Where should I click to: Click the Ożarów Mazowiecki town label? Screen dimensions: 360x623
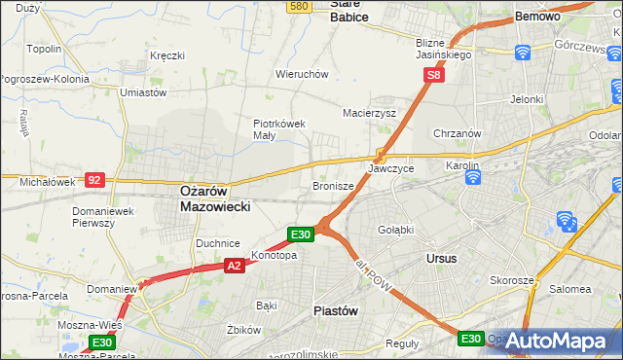click(x=215, y=198)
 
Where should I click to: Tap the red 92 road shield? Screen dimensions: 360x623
click(x=94, y=180)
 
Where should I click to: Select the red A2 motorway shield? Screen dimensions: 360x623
click(x=234, y=265)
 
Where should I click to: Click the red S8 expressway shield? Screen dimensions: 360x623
click(x=435, y=74)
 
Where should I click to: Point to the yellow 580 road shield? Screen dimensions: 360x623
click(x=299, y=6)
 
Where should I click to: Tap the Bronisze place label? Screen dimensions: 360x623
click(x=332, y=185)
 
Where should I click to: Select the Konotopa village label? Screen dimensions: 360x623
click(x=274, y=256)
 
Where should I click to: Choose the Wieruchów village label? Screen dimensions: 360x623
click(x=302, y=74)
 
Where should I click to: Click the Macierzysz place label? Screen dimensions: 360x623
click(x=369, y=113)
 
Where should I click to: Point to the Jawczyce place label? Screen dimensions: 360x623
click(x=390, y=168)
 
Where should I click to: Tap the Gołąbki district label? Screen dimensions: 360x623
click(x=396, y=229)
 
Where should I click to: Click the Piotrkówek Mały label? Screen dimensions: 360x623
click(x=279, y=129)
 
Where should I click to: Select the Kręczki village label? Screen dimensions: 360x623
click(x=166, y=55)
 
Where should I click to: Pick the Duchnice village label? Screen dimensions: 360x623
click(x=217, y=243)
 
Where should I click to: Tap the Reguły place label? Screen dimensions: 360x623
click(x=401, y=343)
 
